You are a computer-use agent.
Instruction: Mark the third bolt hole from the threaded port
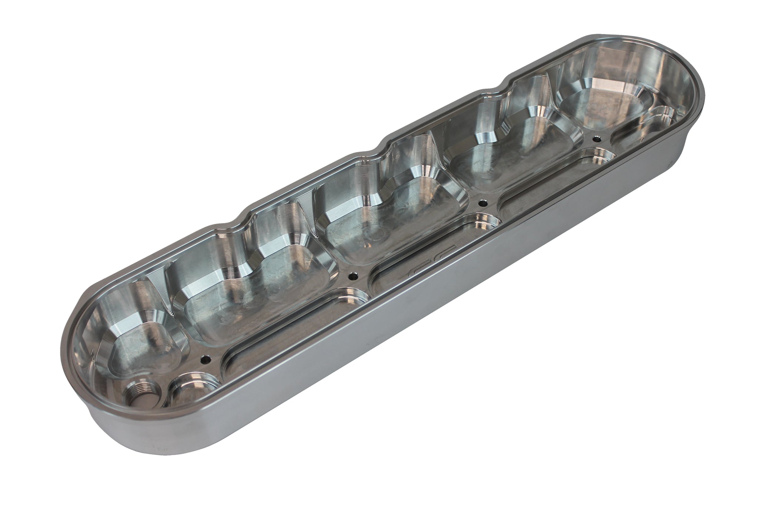click(482, 202)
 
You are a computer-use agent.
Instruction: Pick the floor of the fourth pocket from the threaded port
click(507, 166)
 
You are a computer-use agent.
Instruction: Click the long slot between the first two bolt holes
click(281, 326)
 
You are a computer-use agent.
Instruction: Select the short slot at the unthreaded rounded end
click(644, 122)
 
